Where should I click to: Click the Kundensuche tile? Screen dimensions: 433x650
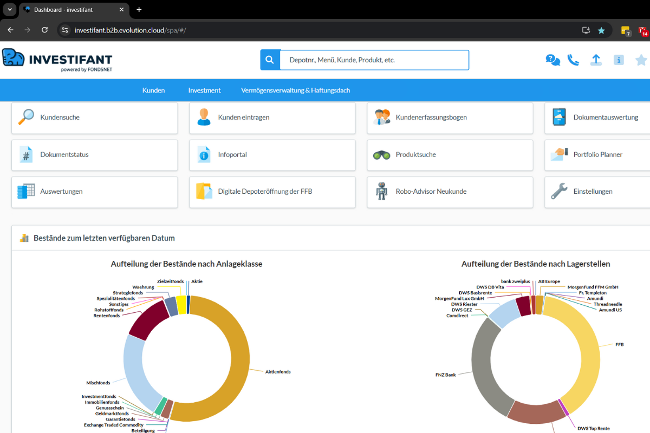[94, 117]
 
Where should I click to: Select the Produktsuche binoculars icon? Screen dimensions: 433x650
[381, 155]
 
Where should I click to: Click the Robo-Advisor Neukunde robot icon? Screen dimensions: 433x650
[381, 192]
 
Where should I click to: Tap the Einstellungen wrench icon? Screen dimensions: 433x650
[559, 192]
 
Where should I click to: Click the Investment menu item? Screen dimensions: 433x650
[204, 90]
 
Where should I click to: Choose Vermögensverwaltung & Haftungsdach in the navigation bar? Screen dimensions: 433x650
[295, 90]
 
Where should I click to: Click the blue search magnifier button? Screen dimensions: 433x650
[270, 60]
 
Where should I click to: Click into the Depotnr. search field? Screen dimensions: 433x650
[374, 60]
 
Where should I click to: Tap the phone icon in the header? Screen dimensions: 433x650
[573, 60]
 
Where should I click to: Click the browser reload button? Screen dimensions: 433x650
[44, 30]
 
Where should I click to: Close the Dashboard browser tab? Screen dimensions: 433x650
[121, 10]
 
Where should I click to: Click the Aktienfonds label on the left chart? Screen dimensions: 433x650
[277, 372]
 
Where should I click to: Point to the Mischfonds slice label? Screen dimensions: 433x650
[98, 383]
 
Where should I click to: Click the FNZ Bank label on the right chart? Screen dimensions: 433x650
[445, 375]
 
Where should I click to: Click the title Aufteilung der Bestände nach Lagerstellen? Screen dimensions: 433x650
[535, 264]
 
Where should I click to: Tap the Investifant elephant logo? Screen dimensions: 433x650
[14, 57]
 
